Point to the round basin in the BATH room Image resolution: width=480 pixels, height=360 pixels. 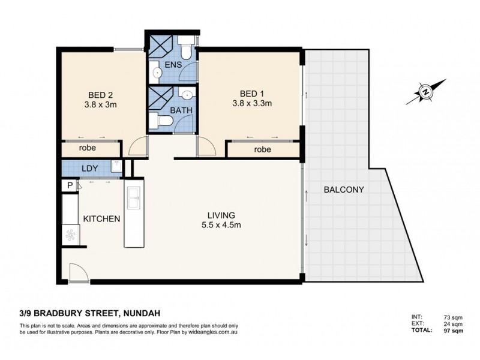(187, 94)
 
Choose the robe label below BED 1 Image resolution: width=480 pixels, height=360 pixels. (262, 149)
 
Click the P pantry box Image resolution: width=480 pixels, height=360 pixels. (70, 186)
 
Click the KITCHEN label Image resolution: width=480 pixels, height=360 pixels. (101, 219)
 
